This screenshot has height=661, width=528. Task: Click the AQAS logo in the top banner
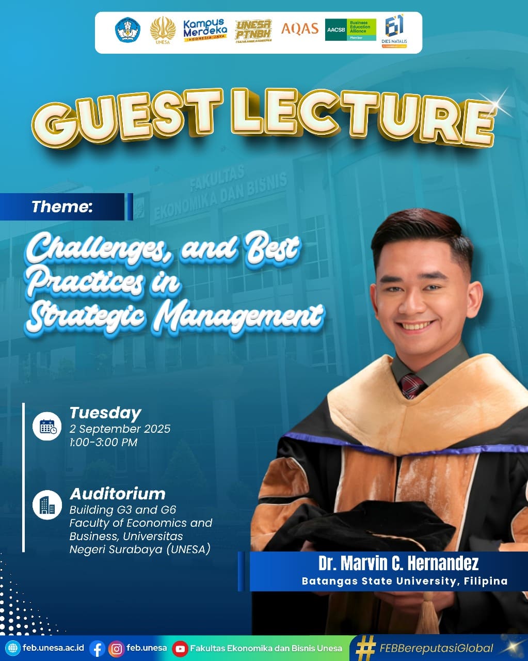[299, 29]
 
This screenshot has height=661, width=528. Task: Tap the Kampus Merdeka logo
[205, 30]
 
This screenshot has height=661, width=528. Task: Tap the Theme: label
[62, 207]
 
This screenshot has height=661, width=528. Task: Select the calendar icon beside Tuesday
[47, 427]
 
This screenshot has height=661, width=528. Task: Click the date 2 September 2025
[120, 429]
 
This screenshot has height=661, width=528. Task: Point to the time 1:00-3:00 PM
[103, 442]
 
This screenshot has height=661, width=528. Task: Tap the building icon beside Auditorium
[47, 505]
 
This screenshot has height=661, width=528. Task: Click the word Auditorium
[118, 494]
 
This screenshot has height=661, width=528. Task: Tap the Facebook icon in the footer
[97, 649]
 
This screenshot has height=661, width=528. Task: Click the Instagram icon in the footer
[117, 649]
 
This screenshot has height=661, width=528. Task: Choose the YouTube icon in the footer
[180, 649]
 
